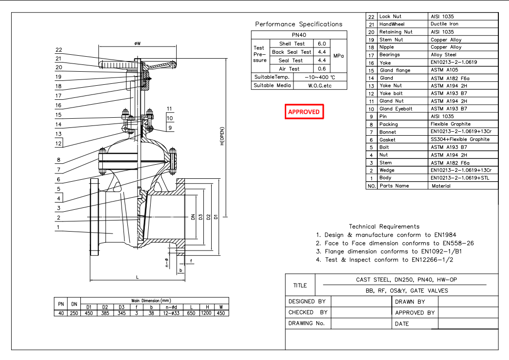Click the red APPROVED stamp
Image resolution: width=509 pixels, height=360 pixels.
click(304, 112)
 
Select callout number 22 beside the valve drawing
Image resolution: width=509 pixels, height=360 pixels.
click(59, 49)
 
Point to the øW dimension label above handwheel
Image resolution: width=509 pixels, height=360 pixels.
click(138, 43)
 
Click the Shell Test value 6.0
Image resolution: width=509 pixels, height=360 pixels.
click(322, 44)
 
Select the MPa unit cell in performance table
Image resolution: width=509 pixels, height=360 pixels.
click(339, 56)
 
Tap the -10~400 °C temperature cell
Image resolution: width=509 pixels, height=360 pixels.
click(320, 77)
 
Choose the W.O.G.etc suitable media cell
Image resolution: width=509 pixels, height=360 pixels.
click(320, 85)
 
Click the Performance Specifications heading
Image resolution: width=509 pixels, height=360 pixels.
click(298, 24)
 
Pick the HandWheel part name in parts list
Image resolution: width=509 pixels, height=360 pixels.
click(392, 24)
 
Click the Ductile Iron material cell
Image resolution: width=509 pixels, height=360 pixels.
click(444, 24)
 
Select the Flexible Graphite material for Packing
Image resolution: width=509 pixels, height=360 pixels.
click(450, 124)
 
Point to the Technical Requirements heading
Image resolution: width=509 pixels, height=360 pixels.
click(384, 226)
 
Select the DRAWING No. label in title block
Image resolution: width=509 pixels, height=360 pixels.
click(306, 323)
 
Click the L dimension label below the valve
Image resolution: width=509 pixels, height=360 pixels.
click(138, 277)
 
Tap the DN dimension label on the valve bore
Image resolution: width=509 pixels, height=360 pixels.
click(192, 218)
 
